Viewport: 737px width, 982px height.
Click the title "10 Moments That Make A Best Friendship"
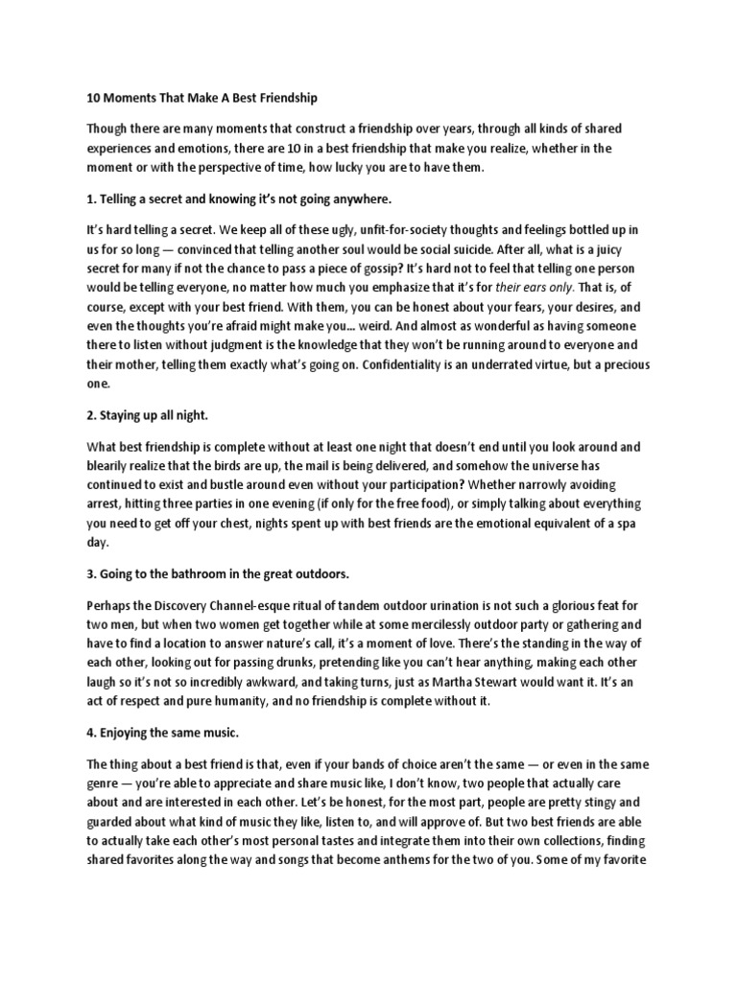(202, 98)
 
